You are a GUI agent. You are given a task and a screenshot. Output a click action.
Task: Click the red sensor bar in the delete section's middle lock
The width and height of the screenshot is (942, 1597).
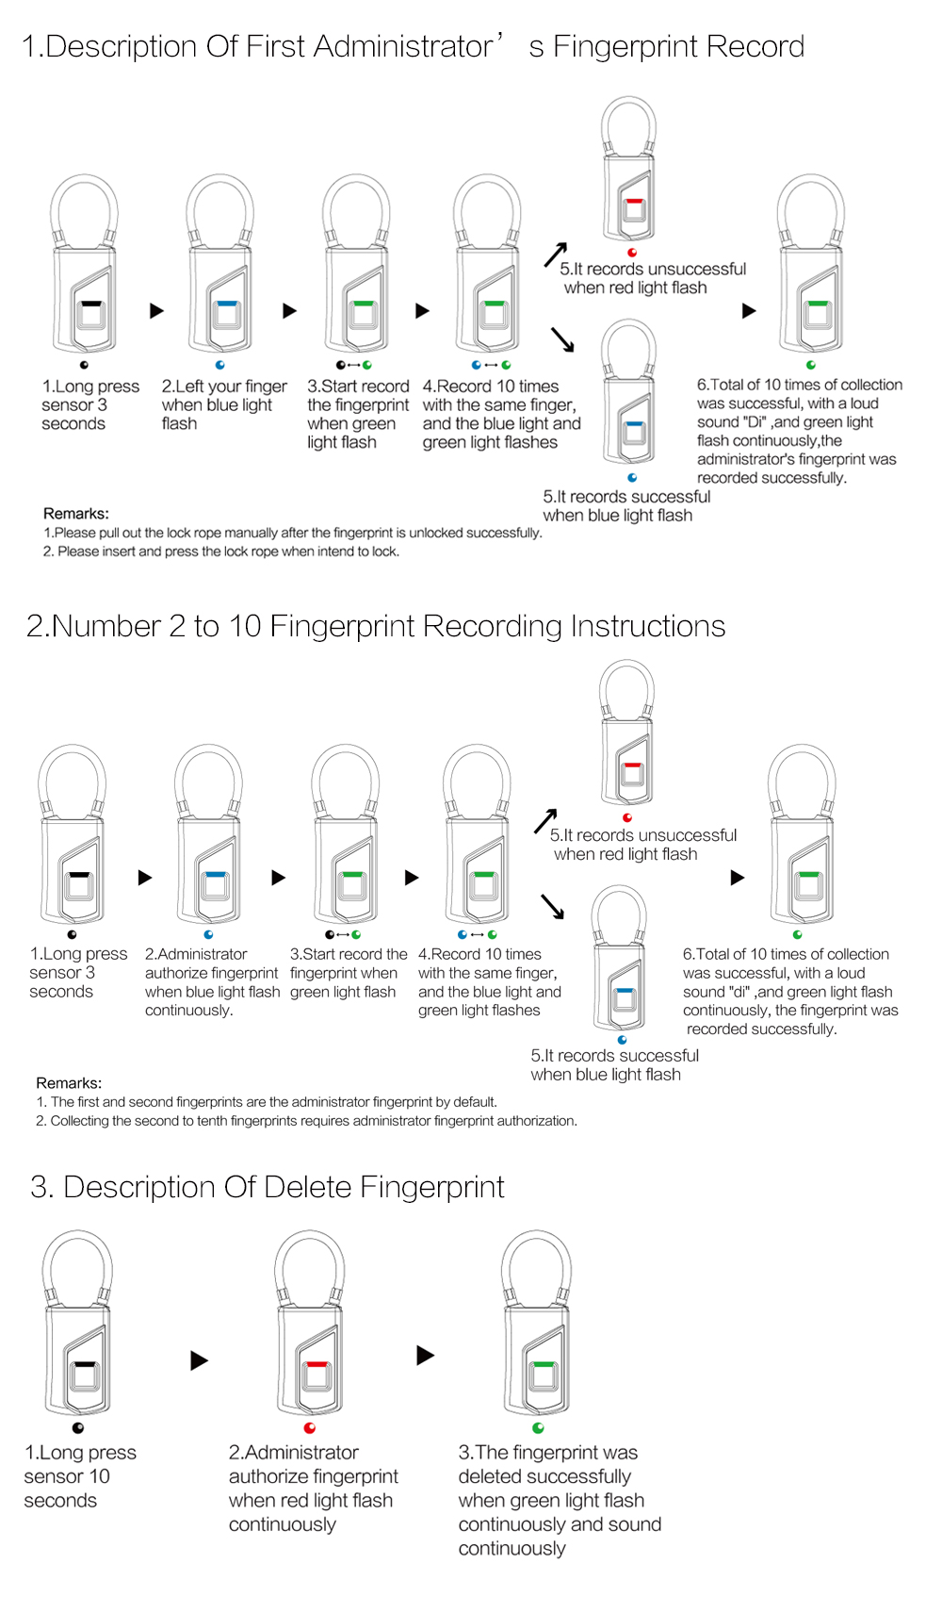317,1364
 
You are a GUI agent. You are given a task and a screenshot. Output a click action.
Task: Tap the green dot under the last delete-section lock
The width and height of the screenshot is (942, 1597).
538,1428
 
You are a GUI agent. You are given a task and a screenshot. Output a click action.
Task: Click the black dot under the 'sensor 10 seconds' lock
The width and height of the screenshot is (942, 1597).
78,1428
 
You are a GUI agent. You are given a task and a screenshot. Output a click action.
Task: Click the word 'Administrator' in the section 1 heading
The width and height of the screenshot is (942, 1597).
402,46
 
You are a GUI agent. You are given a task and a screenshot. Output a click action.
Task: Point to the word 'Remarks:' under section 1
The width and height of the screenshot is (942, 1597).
76,513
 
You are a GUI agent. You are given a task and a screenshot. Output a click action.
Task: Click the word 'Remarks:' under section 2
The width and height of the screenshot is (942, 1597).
69,1083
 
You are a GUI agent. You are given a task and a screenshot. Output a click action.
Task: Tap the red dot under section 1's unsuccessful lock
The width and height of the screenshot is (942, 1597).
632,253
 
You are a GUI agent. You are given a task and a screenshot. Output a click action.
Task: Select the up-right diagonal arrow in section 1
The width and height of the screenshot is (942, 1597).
556,255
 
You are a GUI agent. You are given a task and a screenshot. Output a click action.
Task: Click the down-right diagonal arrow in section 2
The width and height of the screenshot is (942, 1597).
552,906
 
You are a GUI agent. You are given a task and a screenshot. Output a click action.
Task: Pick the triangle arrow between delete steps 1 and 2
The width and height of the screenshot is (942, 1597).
199,1361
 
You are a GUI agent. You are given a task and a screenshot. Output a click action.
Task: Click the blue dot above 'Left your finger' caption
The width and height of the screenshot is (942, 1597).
220,365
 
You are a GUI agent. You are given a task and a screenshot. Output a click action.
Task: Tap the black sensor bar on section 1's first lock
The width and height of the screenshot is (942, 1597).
91,304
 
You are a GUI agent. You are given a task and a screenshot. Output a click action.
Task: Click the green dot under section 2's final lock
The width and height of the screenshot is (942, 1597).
797,934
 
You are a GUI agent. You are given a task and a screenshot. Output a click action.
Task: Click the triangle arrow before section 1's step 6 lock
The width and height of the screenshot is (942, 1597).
749,311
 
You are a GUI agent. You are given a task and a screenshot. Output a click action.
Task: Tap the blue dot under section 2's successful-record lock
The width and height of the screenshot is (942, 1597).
622,1040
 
